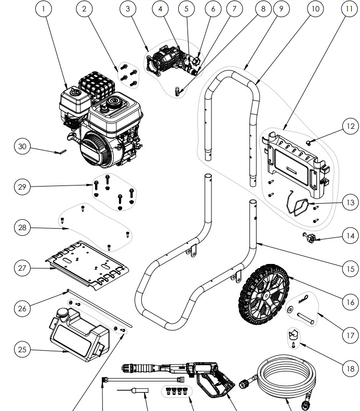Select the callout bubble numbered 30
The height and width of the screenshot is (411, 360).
(x=22, y=147)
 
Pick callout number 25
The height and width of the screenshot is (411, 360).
(x=22, y=350)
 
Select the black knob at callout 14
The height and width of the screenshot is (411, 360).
(x=311, y=239)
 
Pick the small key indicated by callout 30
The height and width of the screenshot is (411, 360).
(x=62, y=152)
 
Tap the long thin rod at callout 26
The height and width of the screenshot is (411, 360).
(x=99, y=309)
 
